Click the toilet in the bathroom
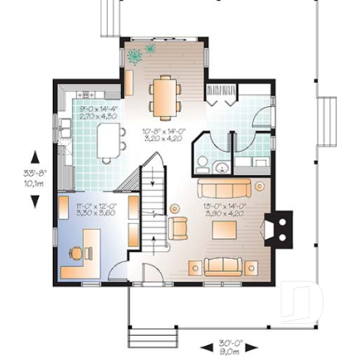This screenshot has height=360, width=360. (x=202, y=164)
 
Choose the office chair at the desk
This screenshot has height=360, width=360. (x=76, y=252)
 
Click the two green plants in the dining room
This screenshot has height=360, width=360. (x=141, y=54)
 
